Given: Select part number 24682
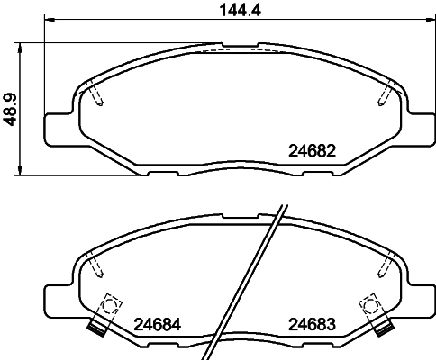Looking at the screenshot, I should point(312,151).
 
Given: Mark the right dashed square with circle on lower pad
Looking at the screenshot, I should point(368,305).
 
